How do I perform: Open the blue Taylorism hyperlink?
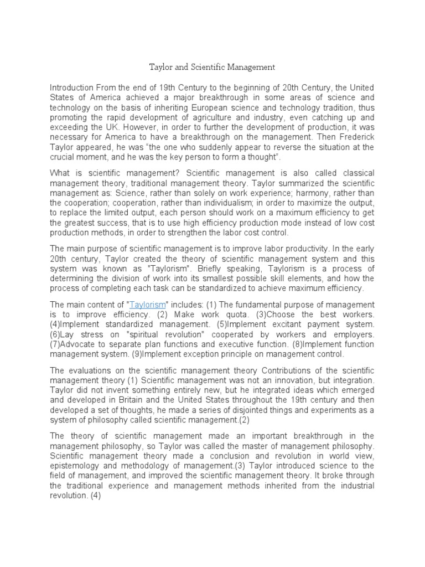pyautogui.click(x=147, y=305)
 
